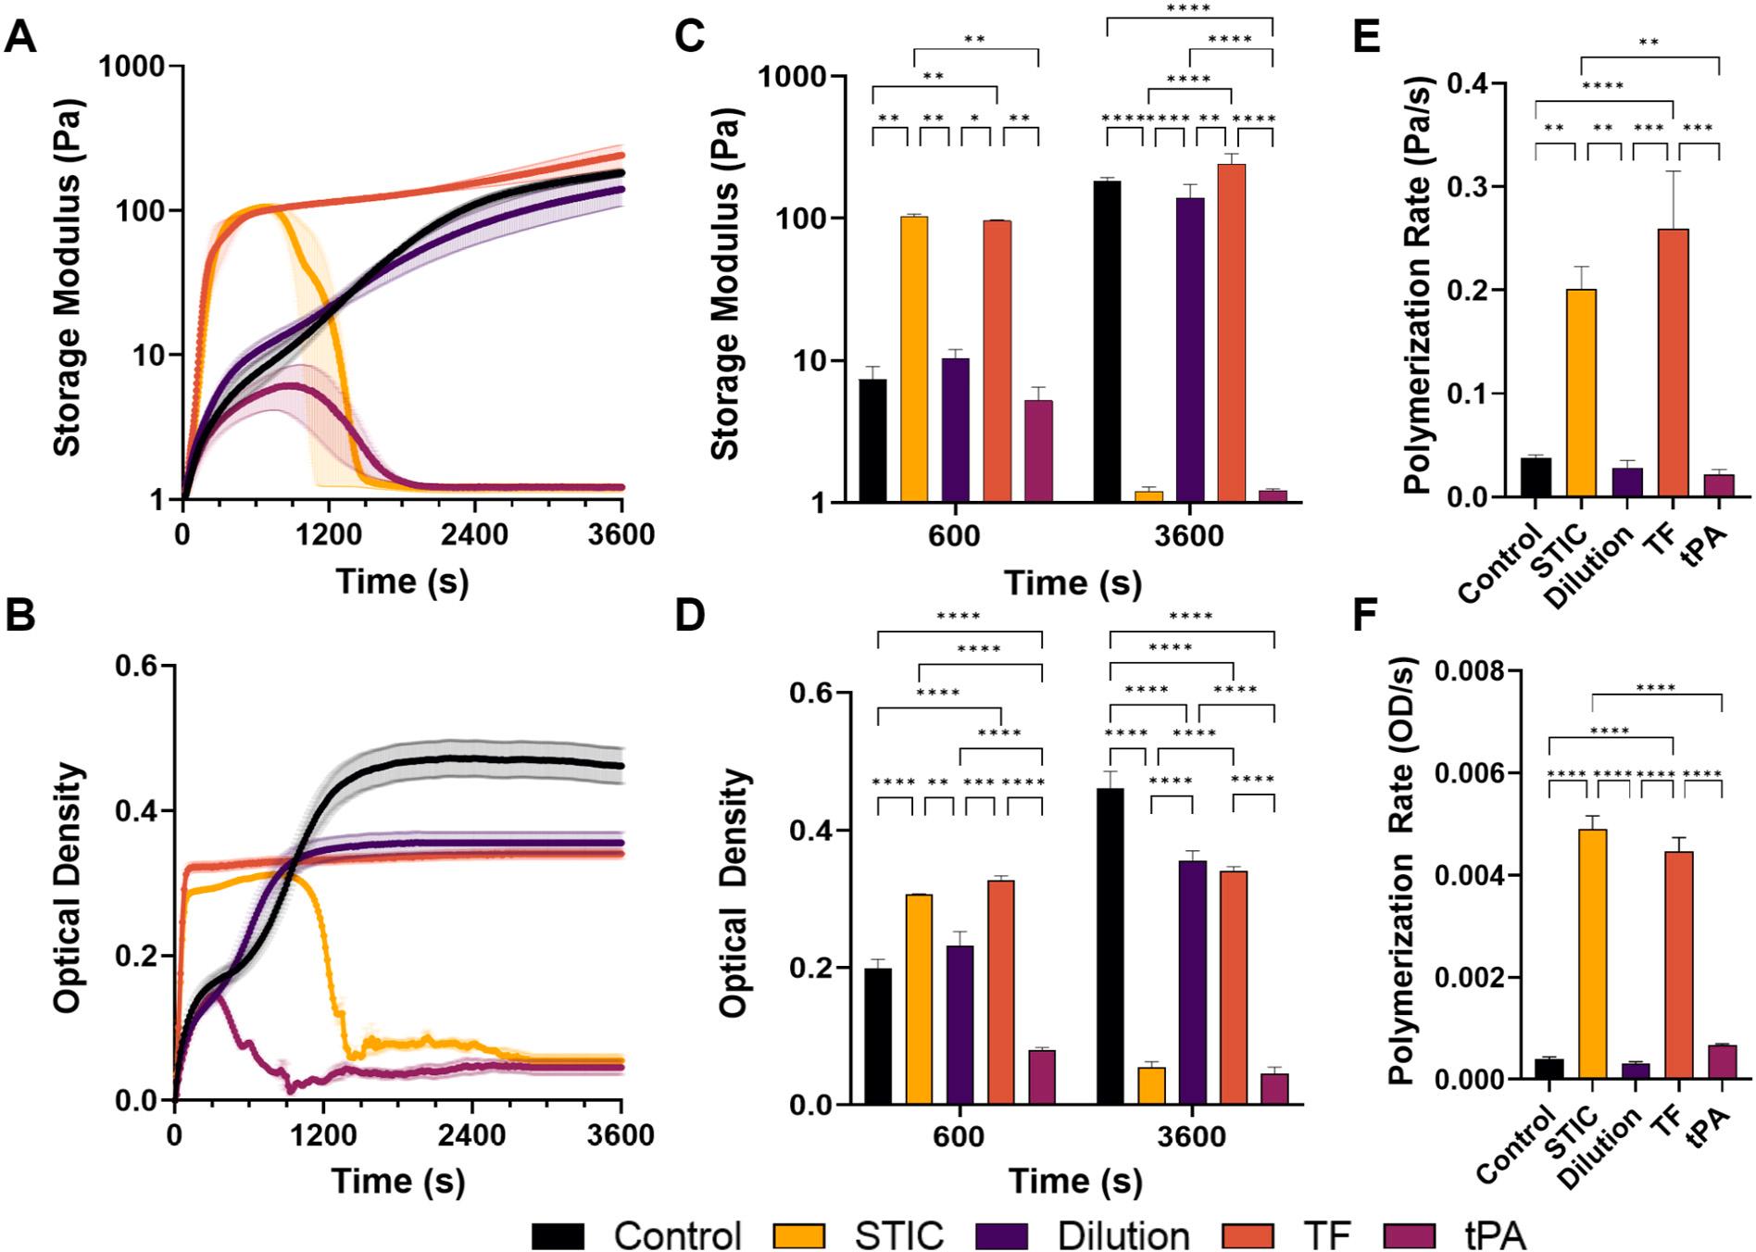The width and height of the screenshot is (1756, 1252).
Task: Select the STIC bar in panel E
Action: [1581, 394]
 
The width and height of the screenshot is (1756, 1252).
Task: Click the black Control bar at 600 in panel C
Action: [872, 441]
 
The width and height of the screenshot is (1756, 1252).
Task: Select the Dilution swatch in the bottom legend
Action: [1001, 1235]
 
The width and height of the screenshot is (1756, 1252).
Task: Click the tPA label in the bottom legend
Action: [1495, 1235]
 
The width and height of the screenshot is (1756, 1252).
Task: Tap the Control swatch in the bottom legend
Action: [558, 1235]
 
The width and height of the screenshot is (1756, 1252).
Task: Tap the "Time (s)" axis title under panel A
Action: [402, 582]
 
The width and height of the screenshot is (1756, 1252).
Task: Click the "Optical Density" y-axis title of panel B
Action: [67, 889]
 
